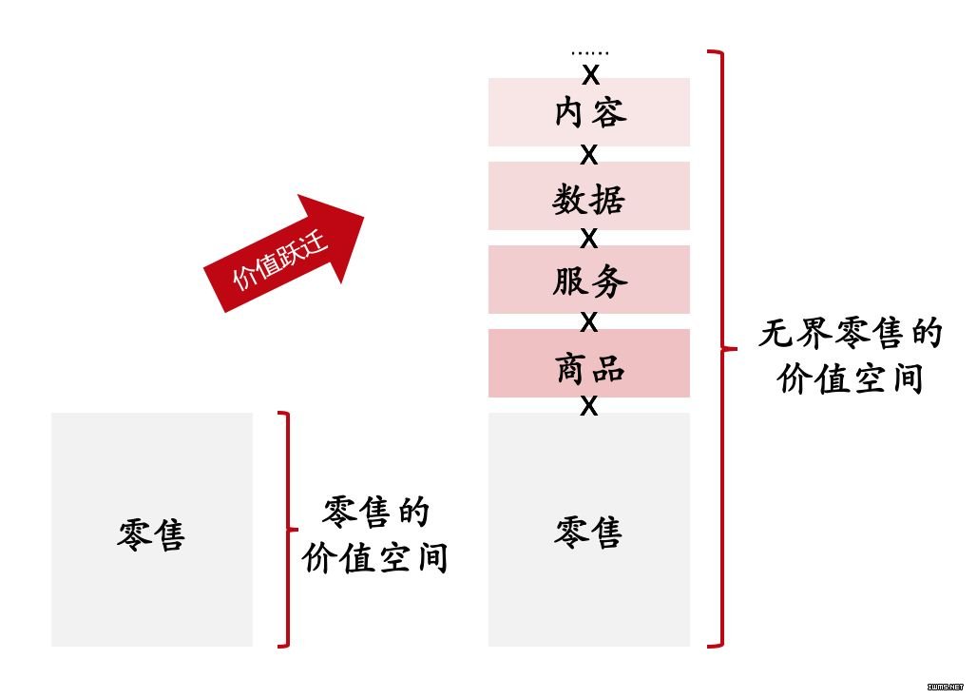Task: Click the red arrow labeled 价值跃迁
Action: tap(284, 253)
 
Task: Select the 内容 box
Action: tap(589, 112)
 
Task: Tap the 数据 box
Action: tap(589, 196)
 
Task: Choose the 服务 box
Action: tap(589, 280)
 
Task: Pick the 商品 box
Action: tap(589, 363)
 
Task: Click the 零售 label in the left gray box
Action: tap(151, 534)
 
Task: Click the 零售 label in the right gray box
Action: tap(589, 532)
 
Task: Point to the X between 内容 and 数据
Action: tap(589, 155)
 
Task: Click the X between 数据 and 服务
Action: tap(589, 238)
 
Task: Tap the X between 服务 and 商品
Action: tap(589, 321)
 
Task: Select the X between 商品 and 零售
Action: tap(589, 406)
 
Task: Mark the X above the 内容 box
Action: tap(590, 75)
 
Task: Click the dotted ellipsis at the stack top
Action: tap(590, 53)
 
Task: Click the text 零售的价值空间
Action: tap(375, 534)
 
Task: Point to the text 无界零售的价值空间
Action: tap(851, 356)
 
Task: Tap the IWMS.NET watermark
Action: tap(946, 687)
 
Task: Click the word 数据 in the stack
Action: tap(589, 200)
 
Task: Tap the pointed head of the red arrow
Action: tap(365, 216)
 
